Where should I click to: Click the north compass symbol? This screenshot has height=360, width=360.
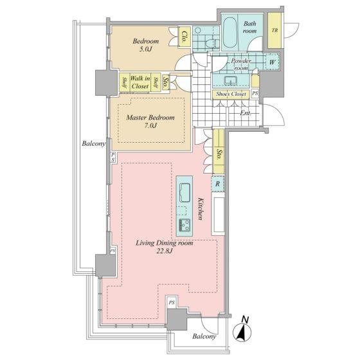tap(242, 330)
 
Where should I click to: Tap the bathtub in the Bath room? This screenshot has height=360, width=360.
tap(230, 33)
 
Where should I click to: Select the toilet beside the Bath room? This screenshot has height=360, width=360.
tap(212, 43)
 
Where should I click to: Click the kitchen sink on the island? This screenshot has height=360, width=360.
tap(184, 192)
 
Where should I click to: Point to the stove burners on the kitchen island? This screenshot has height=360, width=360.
tap(184, 225)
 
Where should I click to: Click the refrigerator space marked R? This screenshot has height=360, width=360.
tap(217, 184)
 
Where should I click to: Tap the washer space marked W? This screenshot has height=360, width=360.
tap(273, 62)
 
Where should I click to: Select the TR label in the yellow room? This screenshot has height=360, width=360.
tap(274, 30)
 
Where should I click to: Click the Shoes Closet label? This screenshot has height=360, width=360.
tap(231, 94)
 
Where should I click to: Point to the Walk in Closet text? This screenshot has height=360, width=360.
tap(140, 82)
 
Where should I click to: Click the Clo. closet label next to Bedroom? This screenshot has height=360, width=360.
tap(184, 37)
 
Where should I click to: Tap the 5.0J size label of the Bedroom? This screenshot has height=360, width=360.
tap(146, 49)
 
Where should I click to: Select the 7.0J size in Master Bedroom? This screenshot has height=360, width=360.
tap(150, 125)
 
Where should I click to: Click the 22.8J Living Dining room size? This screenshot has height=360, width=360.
tap(165, 251)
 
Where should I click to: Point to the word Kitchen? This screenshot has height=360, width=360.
tap(201, 209)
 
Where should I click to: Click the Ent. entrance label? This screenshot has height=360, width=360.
tap(246, 113)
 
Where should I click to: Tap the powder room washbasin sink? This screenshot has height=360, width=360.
tap(231, 81)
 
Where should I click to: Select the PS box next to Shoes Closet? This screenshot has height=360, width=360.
tap(255, 93)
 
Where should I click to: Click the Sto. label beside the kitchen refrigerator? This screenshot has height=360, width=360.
tap(219, 155)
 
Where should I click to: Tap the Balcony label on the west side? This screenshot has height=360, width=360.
tap(94, 144)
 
